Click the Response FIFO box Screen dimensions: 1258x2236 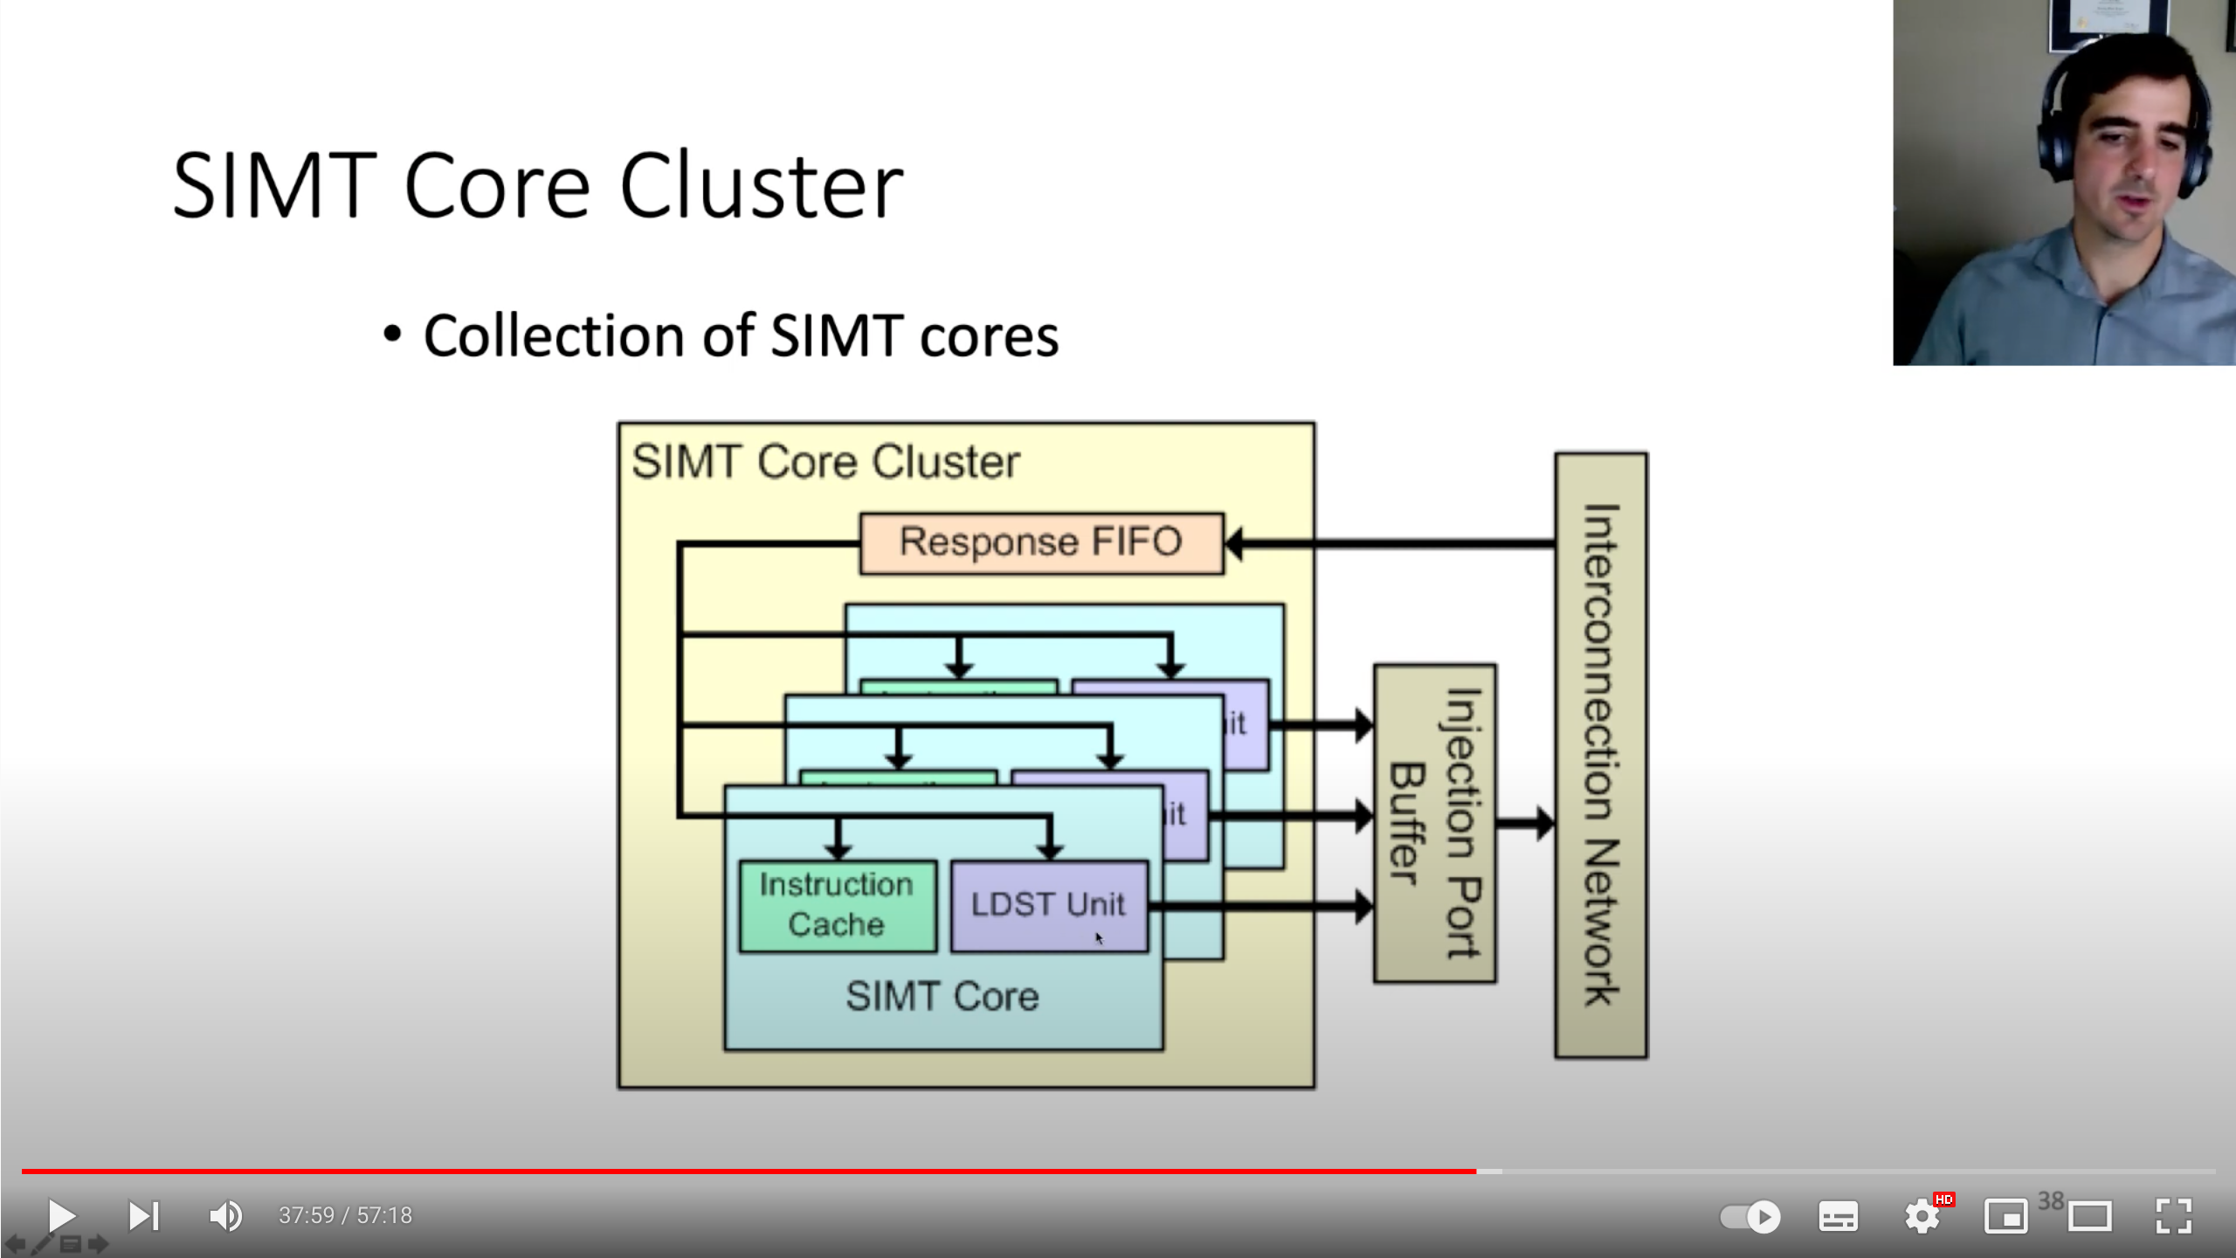coord(1041,543)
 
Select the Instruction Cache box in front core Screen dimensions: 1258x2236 coord(837,906)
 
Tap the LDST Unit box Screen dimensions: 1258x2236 coord(1048,906)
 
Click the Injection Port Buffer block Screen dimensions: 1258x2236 coord(1434,823)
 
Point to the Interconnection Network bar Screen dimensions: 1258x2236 coord(1600,756)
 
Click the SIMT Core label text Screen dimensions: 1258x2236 coord(942,997)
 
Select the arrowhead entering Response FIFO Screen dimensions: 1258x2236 coord(1235,544)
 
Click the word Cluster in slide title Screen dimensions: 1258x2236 coord(761,186)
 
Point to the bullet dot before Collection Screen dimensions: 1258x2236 coord(392,335)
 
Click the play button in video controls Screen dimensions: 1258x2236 coord(61,1215)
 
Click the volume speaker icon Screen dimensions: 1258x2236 coord(225,1215)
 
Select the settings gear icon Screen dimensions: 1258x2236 coord(1922,1216)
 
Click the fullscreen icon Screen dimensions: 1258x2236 coord(2173,1215)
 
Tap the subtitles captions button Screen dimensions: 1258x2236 coord(1838,1216)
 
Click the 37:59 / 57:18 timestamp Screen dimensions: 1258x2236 coord(345,1215)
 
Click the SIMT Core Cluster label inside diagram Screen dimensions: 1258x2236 coord(825,461)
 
